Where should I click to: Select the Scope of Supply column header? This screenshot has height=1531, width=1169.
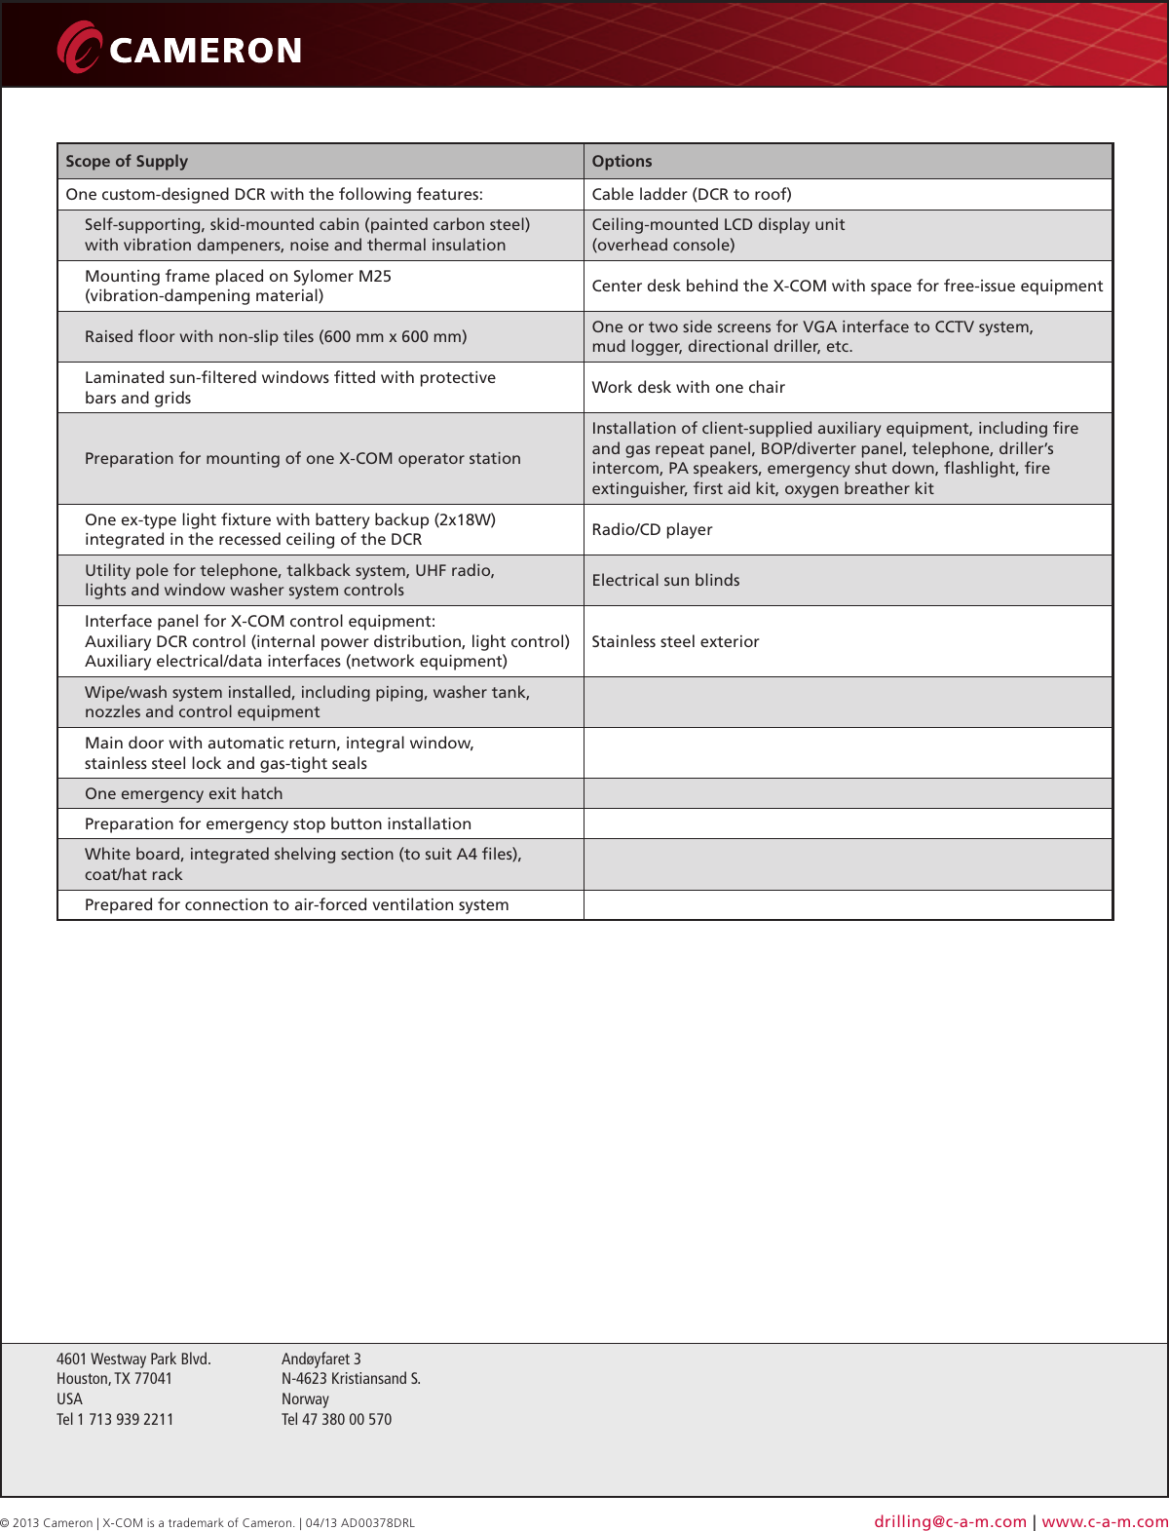point(127,162)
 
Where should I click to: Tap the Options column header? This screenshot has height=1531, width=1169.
point(622,162)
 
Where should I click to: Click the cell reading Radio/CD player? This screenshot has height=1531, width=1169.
point(652,530)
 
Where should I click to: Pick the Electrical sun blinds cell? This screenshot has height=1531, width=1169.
point(665,581)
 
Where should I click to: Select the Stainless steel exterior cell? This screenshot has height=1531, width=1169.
point(675,642)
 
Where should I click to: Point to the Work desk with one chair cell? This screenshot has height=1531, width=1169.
point(688,388)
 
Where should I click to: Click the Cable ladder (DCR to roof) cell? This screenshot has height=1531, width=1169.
point(692,195)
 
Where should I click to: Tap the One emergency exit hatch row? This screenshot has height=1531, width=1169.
point(183,794)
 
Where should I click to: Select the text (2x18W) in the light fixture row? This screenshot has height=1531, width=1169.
point(465,520)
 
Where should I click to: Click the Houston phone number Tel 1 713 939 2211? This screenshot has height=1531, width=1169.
point(115,1420)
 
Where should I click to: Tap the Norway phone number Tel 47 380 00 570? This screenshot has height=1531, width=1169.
point(336,1420)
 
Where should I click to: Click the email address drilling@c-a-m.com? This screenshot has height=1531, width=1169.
point(950,1521)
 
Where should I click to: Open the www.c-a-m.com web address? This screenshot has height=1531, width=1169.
point(1105,1521)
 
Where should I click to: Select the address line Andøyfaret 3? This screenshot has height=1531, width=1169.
point(321,1359)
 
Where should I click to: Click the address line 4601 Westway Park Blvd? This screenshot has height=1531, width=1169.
point(133,1359)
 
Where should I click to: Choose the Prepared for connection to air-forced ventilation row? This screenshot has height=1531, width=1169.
point(296,905)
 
